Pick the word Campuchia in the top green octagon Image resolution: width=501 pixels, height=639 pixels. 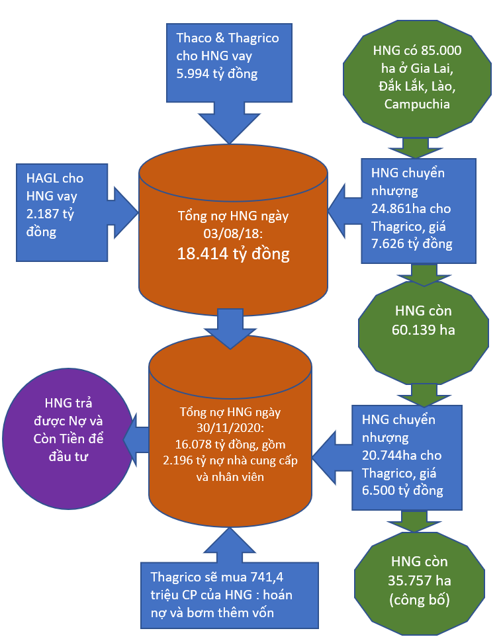click(418, 105)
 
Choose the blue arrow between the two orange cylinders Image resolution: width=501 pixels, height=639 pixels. click(231, 327)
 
